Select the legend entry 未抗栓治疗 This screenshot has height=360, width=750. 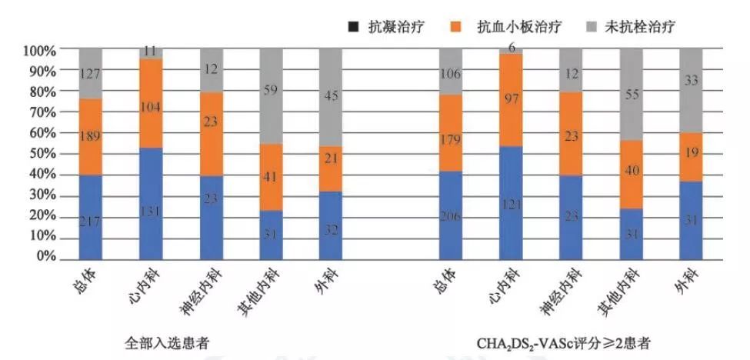[632, 27]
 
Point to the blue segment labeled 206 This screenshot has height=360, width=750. [451, 215]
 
